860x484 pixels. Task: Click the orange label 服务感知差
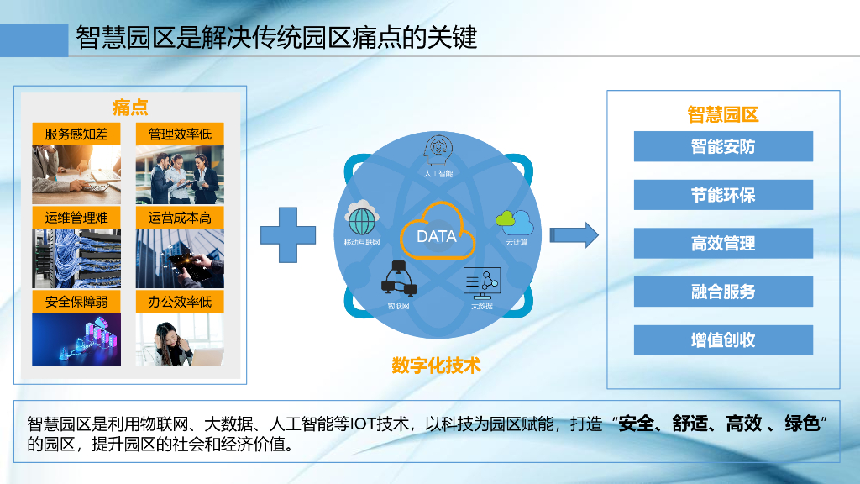(76, 134)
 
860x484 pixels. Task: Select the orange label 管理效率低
(180, 134)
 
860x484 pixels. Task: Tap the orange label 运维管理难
(76, 218)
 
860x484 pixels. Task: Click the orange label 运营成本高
(180, 218)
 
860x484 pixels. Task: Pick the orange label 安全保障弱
(76, 302)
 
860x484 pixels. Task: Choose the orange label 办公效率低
(180, 302)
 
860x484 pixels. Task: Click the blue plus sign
(288, 236)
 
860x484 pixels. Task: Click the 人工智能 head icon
(438, 151)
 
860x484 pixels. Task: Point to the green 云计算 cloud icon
(515, 223)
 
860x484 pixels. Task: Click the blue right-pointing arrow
(580, 235)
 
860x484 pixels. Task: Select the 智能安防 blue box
(723, 146)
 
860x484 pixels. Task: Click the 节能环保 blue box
(723, 195)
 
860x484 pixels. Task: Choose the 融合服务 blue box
(723, 292)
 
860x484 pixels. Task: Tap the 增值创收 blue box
(723, 340)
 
